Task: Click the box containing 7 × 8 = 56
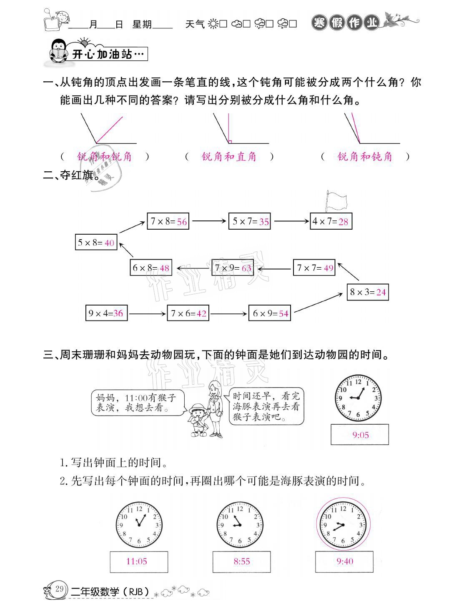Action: click(x=168, y=221)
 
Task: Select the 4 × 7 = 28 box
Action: click(x=331, y=221)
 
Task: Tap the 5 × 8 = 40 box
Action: click(x=96, y=243)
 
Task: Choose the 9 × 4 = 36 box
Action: click(x=106, y=313)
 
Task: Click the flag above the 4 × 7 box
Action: click(x=336, y=200)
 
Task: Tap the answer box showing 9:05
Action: click(x=360, y=435)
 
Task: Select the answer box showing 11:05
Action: click(x=139, y=561)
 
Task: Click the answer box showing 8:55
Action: click(x=241, y=561)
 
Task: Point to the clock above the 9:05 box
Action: click(x=358, y=398)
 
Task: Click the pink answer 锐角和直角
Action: click(x=229, y=157)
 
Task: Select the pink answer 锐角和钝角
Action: click(x=365, y=157)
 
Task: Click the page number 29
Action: click(x=59, y=589)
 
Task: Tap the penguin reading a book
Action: click(x=58, y=51)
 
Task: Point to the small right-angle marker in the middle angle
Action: click(x=230, y=141)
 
